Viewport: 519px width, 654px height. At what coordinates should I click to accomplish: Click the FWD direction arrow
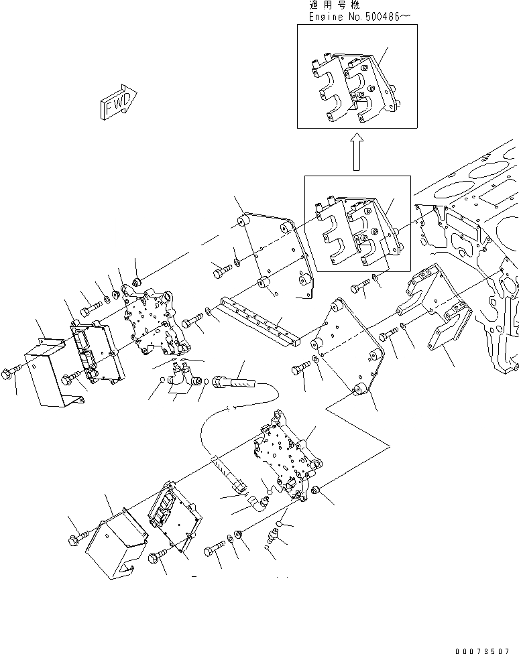tap(118, 103)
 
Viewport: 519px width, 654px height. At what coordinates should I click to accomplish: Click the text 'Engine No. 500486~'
tap(357, 16)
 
